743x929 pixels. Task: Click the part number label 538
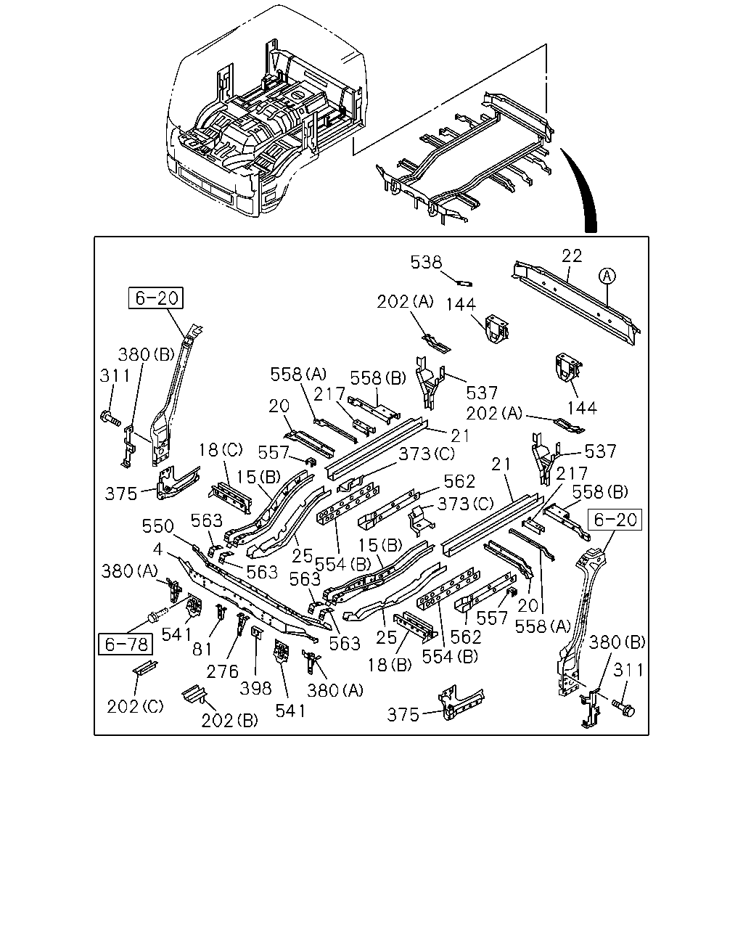pyautogui.click(x=426, y=263)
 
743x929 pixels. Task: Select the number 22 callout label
pyautogui.click(x=572, y=256)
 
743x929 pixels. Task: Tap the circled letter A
pyautogui.click(x=607, y=276)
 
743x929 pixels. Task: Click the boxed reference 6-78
pyautogui.click(x=126, y=644)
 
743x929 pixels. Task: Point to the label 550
pyautogui.click(x=158, y=526)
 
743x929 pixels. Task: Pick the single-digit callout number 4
pyautogui.click(x=158, y=549)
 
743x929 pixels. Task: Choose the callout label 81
pyautogui.click(x=202, y=649)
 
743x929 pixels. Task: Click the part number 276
pyautogui.click(x=222, y=672)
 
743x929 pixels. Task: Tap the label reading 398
pyautogui.click(x=256, y=688)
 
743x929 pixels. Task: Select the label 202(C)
pyautogui.click(x=135, y=707)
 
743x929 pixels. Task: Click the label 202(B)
pyautogui.click(x=230, y=721)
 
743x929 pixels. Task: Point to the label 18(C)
pyautogui.click(x=220, y=450)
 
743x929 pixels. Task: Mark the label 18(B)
pyautogui.click(x=390, y=666)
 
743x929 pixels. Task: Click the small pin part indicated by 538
pyautogui.click(x=465, y=283)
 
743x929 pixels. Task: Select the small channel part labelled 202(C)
pyautogui.click(x=145, y=668)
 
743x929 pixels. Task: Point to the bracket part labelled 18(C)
pyautogui.click(x=231, y=498)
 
